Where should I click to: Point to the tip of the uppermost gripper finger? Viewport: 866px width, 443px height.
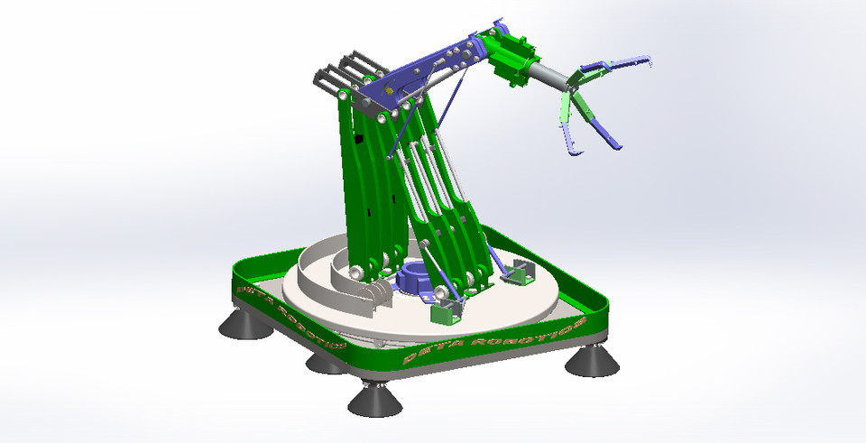[649, 60]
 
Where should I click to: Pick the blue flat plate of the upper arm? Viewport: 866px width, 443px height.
[424, 73]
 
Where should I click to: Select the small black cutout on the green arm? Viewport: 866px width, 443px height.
[359, 140]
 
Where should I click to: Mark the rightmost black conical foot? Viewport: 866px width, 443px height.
[591, 361]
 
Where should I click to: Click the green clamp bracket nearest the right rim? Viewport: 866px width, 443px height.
[515, 270]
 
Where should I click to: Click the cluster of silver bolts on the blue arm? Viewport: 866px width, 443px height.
[456, 58]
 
